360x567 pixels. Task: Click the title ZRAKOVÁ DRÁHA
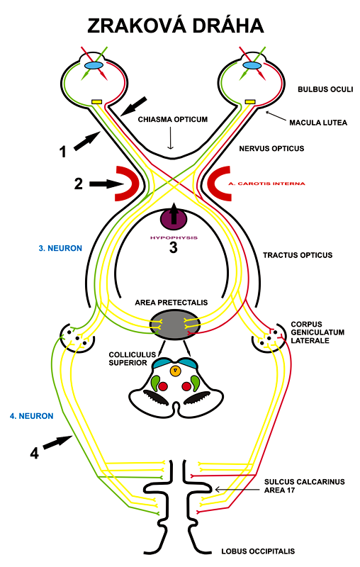[176, 26]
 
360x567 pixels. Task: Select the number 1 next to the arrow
[62, 151]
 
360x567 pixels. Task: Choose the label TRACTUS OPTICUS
[297, 254]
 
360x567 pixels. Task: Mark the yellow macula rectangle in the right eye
[249, 102]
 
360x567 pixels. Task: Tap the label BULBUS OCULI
[319, 90]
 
